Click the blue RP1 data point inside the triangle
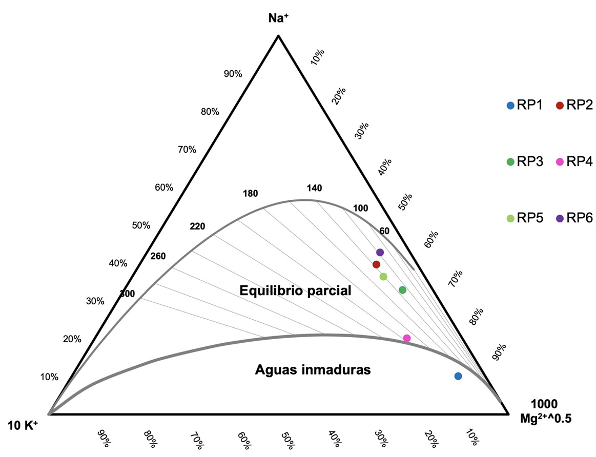click(x=458, y=376)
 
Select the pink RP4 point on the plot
click(x=407, y=338)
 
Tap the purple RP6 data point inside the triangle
click(x=380, y=252)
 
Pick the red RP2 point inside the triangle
click(x=376, y=264)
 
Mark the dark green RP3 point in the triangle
click(x=402, y=290)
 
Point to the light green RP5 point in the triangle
click(x=383, y=277)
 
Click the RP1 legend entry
click(x=524, y=106)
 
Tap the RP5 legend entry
click(x=524, y=218)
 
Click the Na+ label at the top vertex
click(x=279, y=18)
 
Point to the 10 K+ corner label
click(x=23, y=425)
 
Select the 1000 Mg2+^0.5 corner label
click(x=545, y=411)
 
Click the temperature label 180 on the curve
click(x=251, y=194)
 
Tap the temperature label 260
click(x=158, y=256)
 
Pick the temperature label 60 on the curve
click(x=384, y=231)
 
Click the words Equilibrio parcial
click(x=295, y=291)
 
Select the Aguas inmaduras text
click(x=313, y=369)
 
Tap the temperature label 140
click(x=314, y=189)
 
